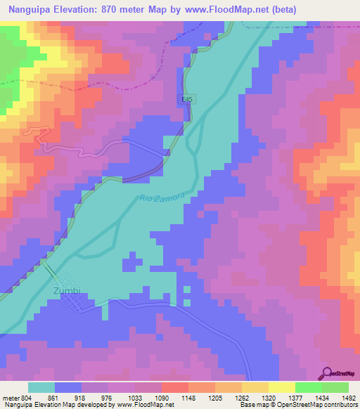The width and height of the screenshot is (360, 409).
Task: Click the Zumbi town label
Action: [x=67, y=290]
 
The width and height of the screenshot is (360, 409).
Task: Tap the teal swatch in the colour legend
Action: [x=41, y=387]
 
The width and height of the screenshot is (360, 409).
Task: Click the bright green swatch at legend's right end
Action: [x=335, y=387]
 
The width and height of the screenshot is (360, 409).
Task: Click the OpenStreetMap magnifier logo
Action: [x=327, y=373]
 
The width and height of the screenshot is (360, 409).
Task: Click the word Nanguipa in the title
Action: [x=29, y=9]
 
